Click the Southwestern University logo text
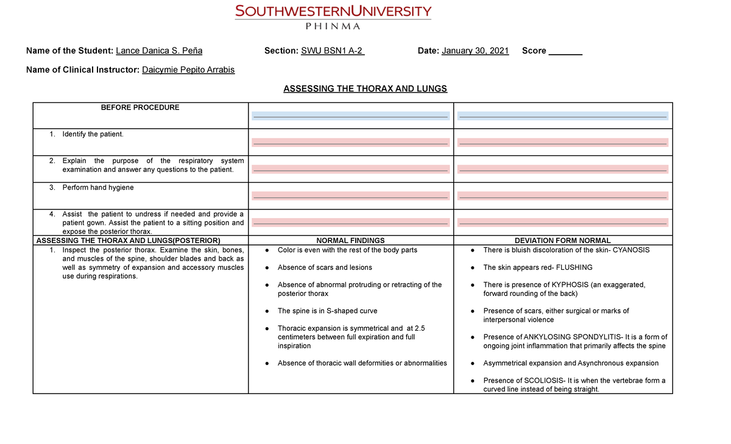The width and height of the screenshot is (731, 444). tap(333, 11)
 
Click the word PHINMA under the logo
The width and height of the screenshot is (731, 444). tap(333, 26)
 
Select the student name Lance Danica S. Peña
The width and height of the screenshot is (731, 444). tap(159, 51)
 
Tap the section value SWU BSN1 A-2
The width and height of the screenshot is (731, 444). tap(333, 51)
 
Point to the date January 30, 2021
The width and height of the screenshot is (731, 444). tap(475, 51)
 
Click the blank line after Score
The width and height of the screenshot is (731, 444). tap(566, 51)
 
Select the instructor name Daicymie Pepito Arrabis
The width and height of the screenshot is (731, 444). tap(188, 69)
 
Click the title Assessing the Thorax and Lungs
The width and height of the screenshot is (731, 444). tap(365, 88)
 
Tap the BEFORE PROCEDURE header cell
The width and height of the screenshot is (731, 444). tap(140, 107)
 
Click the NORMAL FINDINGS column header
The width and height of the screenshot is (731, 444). tap(350, 241)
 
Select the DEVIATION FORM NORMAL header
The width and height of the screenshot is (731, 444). tap(562, 241)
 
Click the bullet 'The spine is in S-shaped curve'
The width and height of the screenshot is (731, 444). tap(327, 311)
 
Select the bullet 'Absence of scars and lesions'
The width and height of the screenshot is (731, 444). tap(324, 267)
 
